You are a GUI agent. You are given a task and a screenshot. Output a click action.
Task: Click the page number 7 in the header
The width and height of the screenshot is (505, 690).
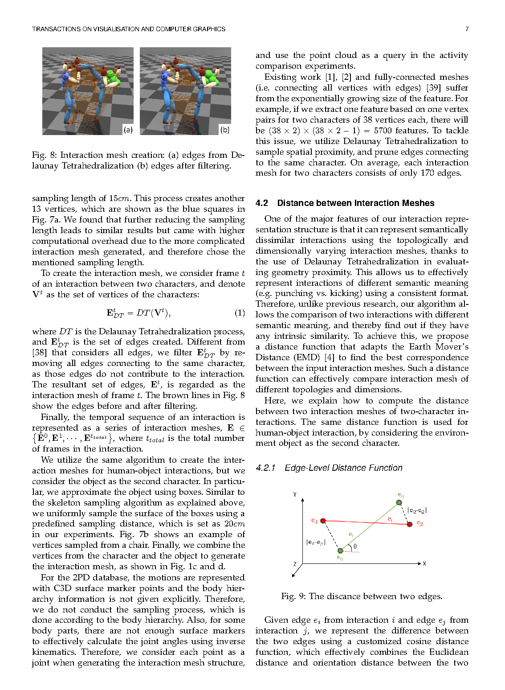click(467, 29)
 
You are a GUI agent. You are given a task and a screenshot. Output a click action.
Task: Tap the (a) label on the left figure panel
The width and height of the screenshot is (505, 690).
click(128, 130)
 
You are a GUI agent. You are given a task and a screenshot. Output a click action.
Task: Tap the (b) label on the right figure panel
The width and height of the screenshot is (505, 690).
click(225, 130)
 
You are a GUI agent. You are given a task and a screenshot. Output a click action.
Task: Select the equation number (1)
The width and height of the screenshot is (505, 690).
click(240, 313)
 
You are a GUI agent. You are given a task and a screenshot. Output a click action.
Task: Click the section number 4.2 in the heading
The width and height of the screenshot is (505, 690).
click(262, 203)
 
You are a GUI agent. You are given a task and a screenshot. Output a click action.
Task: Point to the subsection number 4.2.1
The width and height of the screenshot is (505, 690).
click(265, 468)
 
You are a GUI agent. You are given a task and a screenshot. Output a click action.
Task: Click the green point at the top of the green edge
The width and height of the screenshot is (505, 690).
click(399, 503)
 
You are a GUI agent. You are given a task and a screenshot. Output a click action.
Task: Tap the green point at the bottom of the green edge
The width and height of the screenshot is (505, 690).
click(340, 551)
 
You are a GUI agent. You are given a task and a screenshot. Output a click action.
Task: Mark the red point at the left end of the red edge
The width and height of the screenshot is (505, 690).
click(323, 521)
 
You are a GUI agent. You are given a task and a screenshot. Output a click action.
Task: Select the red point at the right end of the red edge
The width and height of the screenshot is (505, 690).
click(410, 524)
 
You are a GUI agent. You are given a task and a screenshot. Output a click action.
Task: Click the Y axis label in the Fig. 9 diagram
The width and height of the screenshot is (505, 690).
click(295, 494)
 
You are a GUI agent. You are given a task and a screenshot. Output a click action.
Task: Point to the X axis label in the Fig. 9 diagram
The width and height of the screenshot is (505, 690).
click(424, 564)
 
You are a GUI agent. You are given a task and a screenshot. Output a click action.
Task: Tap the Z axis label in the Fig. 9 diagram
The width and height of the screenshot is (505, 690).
click(295, 564)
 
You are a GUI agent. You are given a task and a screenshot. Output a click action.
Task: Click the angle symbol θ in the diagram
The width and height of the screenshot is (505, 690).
click(355, 546)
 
